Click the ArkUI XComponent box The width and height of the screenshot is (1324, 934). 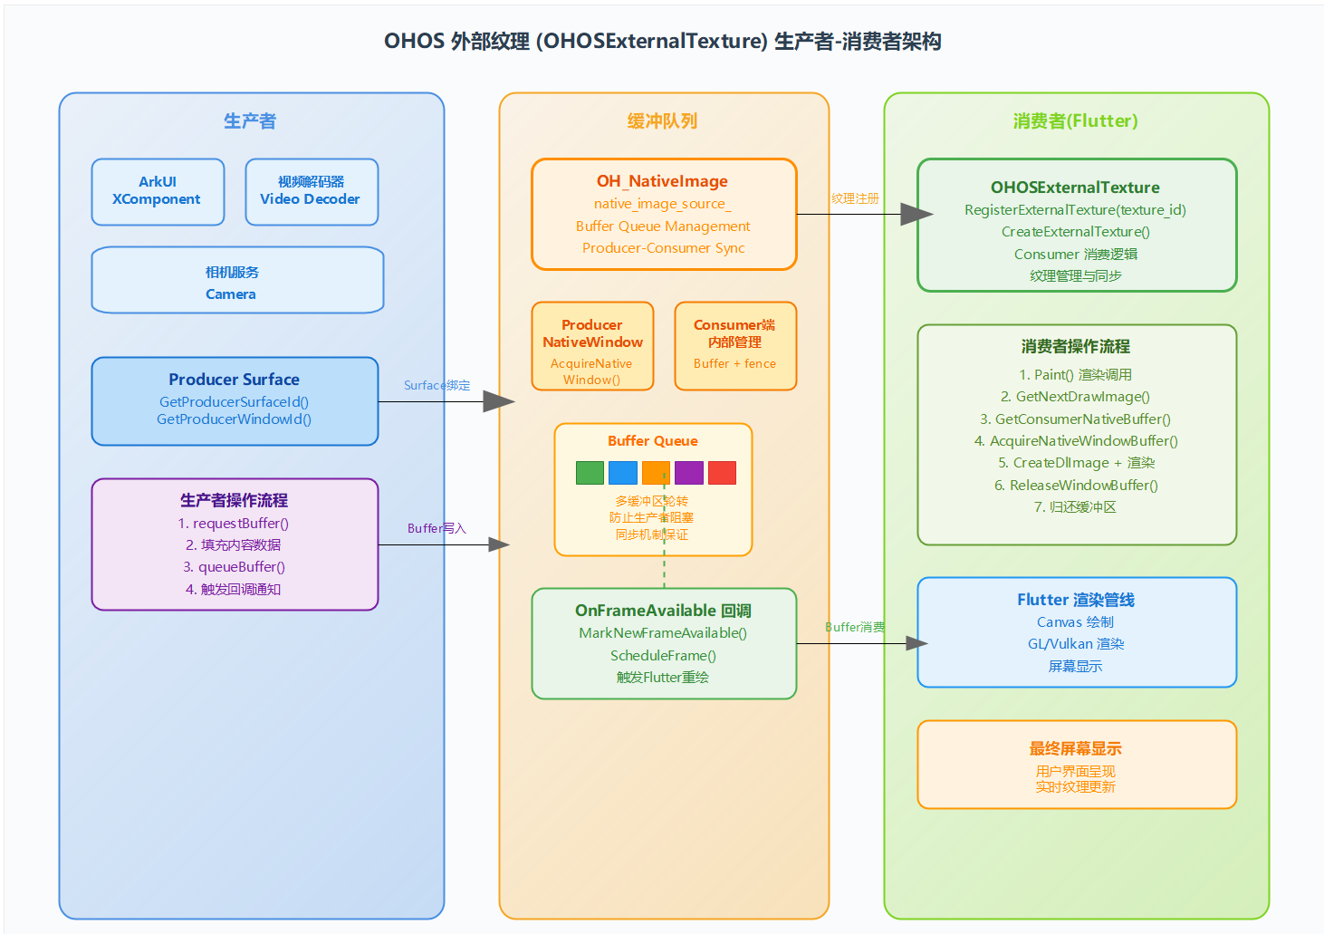pyautogui.click(x=158, y=191)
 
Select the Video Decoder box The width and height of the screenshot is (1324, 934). pyautogui.click(x=311, y=191)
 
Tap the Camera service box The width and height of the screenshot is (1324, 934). pyautogui.click(x=237, y=280)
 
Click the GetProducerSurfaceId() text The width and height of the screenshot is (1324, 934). pyautogui.click(x=234, y=401)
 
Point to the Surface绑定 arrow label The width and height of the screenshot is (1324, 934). pyautogui.click(x=437, y=385)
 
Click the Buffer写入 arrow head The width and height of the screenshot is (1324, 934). pyautogui.click(x=499, y=544)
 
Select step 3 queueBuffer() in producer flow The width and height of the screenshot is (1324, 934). pyautogui.click(x=234, y=567)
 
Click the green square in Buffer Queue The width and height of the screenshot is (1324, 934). pyautogui.click(x=590, y=473)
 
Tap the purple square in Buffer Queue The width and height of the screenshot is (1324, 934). pyautogui.click(x=689, y=473)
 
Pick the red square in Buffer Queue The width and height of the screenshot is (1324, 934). pyautogui.click(x=722, y=473)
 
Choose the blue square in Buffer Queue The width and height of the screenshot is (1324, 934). pyautogui.click(x=623, y=473)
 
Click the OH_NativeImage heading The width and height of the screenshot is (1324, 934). pyautogui.click(x=662, y=181)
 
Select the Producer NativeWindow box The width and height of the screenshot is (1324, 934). pyautogui.click(x=592, y=346)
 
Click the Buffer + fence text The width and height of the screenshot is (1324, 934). pyautogui.click(x=734, y=363)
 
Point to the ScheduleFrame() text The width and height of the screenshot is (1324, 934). pyautogui.click(x=663, y=655)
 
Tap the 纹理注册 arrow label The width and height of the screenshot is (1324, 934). pyautogui.click(x=855, y=198)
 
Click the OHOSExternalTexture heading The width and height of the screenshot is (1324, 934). pyautogui.click(x=1075, y=188)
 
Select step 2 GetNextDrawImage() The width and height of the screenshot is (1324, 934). pyautogui.click(x=1075, y=397)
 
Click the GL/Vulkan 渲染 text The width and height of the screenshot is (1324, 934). pyautogui.click(x=1076, y=644)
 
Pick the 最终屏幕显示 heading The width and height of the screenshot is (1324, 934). pyautogui.click(x=1075, y=748)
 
